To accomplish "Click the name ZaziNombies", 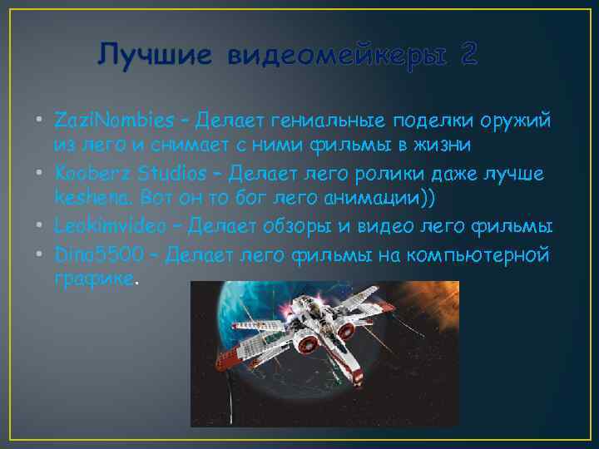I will coord(117,121).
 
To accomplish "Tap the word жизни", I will coord(445,146).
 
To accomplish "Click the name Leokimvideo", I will coord(113,226).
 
